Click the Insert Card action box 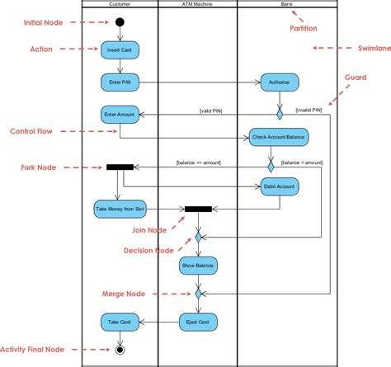(x=120, y=51)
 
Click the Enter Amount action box (x=120, y=114)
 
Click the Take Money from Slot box (x=120, y=209)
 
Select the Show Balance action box (x=198, y=265)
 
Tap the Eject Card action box (x=198, y=321)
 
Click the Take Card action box (x=120, y=321)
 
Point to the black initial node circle (x=120, y=21)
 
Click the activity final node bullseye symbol (x=120, y=351)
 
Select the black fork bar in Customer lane (x=120, y=167)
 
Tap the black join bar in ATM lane (x=198, y=209)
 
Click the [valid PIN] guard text (x=211, y=111)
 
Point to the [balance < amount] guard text (x=302, y=162)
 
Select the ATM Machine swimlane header (x=198, y=4)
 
